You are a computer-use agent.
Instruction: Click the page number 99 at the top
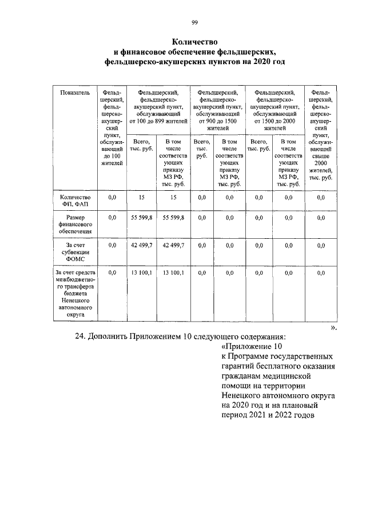[194, 22]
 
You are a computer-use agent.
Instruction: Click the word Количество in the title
[194, 42]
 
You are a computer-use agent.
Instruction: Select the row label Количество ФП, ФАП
[75, 201]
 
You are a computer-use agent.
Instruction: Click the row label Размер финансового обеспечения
[75, 225]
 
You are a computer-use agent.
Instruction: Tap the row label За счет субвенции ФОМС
[75, 251]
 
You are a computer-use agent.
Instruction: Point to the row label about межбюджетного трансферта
[75, 294]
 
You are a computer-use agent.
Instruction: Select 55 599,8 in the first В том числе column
[173, 218]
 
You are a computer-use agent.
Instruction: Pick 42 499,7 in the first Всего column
[141, 245]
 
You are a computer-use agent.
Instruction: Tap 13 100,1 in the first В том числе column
[173, 273]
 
